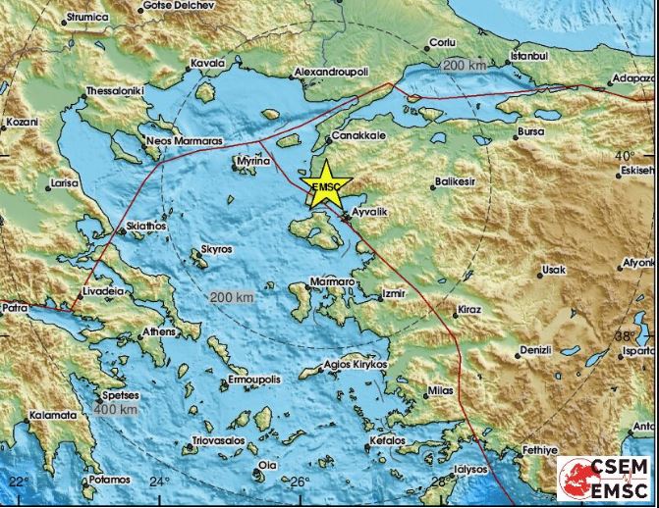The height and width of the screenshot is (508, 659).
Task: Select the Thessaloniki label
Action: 115,90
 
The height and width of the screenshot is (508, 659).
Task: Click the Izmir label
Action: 394,292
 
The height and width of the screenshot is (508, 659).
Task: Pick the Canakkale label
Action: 356,136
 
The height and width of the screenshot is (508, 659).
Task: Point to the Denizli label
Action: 536,349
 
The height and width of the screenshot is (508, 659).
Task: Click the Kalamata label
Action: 53,415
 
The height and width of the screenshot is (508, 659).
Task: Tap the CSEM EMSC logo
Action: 605,482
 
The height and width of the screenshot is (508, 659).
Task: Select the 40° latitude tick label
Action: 625,155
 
